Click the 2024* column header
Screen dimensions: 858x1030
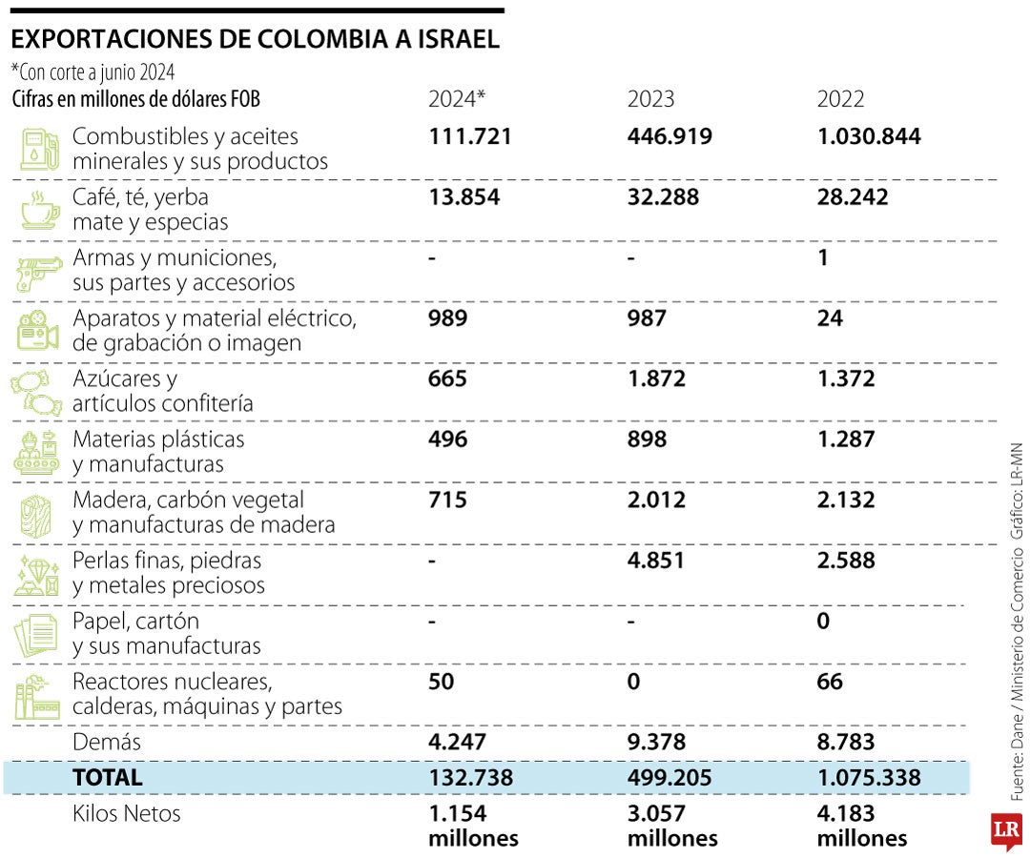tap(457, 99)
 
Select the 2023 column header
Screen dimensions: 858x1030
tap(650, 99)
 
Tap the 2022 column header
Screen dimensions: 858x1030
tap(840, 99)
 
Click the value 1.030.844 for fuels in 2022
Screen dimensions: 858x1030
tap(869, 136)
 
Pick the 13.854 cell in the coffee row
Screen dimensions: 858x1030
tap(463, 197)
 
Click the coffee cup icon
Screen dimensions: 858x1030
tap(39, 210)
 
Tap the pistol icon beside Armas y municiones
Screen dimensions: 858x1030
tap(38, 272)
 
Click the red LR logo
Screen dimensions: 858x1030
tap(1005, 830)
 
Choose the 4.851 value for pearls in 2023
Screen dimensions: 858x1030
tap(655, 561)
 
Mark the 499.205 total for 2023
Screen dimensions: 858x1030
tap(669, 778)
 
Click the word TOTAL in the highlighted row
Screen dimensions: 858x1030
tap(107, 778)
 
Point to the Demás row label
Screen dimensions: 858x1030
tap(107, 742)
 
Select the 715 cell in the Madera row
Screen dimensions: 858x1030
tap(448, 500)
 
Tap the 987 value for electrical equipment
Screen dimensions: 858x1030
tap(647, 318)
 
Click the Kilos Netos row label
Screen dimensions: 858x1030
tap(126, 814)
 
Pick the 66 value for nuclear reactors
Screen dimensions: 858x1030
tap(830, 682)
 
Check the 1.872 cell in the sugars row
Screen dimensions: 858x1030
tap(655, 378)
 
